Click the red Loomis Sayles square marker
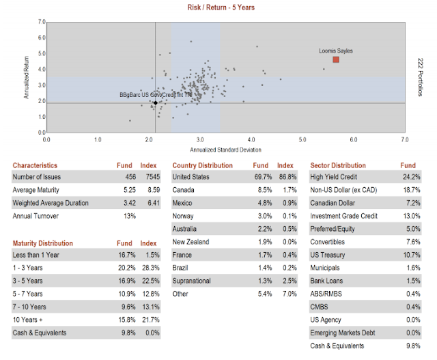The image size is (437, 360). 336,60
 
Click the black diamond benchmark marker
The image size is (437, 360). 155,102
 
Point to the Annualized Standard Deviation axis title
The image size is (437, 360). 225,149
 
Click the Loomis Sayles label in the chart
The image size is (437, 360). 336,51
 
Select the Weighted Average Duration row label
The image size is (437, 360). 50,203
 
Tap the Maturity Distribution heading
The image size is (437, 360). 43,243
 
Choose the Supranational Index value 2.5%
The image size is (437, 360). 287,281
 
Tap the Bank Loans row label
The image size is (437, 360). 327,281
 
